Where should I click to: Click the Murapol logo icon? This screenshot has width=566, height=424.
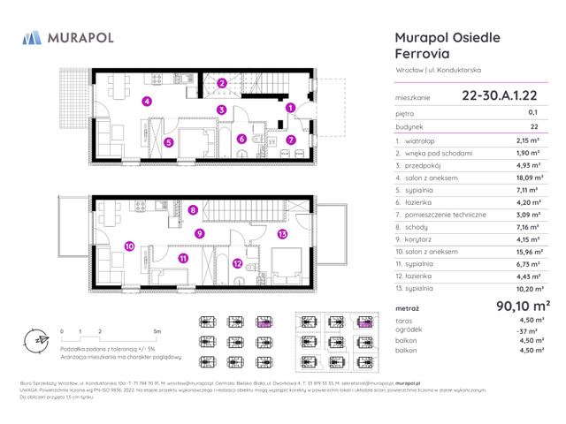(x=31, y=37)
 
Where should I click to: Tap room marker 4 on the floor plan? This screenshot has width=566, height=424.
(x=148, y=102)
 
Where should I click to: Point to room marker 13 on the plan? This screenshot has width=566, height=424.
(x=282, y=234)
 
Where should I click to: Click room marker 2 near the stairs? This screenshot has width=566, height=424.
(x=223, y=84)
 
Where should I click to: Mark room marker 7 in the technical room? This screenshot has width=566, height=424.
(x=290, y=140)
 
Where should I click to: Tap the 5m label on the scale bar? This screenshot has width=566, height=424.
(x=156, y=330)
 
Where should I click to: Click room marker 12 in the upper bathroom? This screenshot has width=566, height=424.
(x=237, y=262)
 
